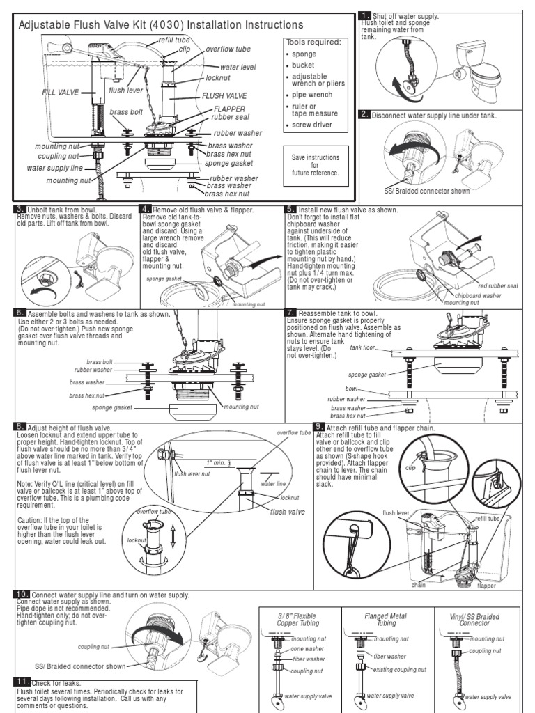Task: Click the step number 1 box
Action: coord(364,16)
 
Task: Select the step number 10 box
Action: coord(21,594)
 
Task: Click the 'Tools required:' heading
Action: coord(313,42)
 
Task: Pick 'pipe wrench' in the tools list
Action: coord(313,94)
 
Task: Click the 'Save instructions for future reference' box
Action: coord(315,164)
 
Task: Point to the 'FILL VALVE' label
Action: coord(60,91)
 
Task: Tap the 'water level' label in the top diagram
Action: coord(238,67)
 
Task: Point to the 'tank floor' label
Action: coord(362,347)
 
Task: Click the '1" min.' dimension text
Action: coord(218,462)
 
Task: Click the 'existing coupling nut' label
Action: coord(400,669)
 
